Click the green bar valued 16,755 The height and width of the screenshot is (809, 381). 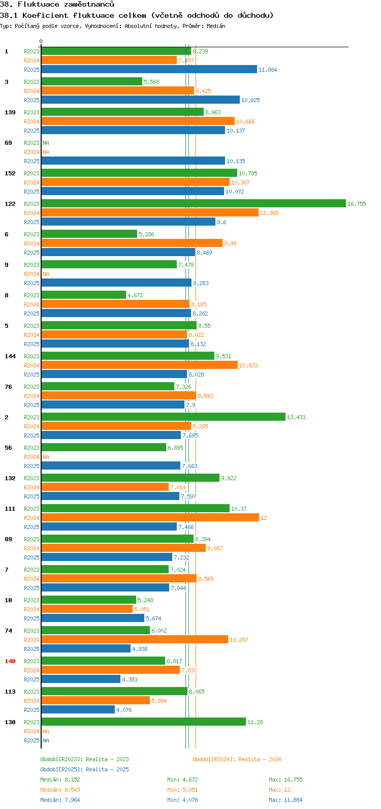pyautogui.click(x=194, y=204)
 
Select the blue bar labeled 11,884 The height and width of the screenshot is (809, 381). pyautogui.click(x=149, y=69)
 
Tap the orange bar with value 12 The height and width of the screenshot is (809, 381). pyautogui.click(x=150, y=517)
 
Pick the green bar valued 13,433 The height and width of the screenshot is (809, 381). pyautogui.click(x=164, y=417)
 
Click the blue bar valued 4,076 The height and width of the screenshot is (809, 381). pyautogui.click(x=78, y=710)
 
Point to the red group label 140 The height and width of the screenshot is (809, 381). pyautogui.click(x=10, y=661)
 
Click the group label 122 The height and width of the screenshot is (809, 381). pyautogui.click(x=10, y=204)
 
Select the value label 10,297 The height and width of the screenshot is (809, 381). pyautogui.click(x=239, y=640)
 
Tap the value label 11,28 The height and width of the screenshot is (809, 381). pyautogui.click(x=255, y=722)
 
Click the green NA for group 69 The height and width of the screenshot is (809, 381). pyautogui.click(x=46, y=143)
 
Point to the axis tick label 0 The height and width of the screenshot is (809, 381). pyautogui.click(x=41, y=41)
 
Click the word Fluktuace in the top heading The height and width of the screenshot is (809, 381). pyautogui.click(x=38, y=5)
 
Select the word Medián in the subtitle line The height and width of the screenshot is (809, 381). pyautogui.click(x=216, y=26)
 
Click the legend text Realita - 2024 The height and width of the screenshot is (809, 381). pyautogui.click(x=260, y=759)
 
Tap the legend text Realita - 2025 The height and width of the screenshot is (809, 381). pyautogui.click(x=107, y=769)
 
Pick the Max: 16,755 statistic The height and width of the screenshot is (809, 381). pyautogui.click(x=285, y=780)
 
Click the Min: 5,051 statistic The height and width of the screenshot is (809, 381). pyautogui.click(x=182, y=790)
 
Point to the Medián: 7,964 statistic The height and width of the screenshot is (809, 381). pyautogui.click(x=60, y=800)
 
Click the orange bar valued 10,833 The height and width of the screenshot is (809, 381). pyautogui.click(x=140, y=365)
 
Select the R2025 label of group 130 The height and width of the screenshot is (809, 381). pyautogui.click(x=31, y=740)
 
